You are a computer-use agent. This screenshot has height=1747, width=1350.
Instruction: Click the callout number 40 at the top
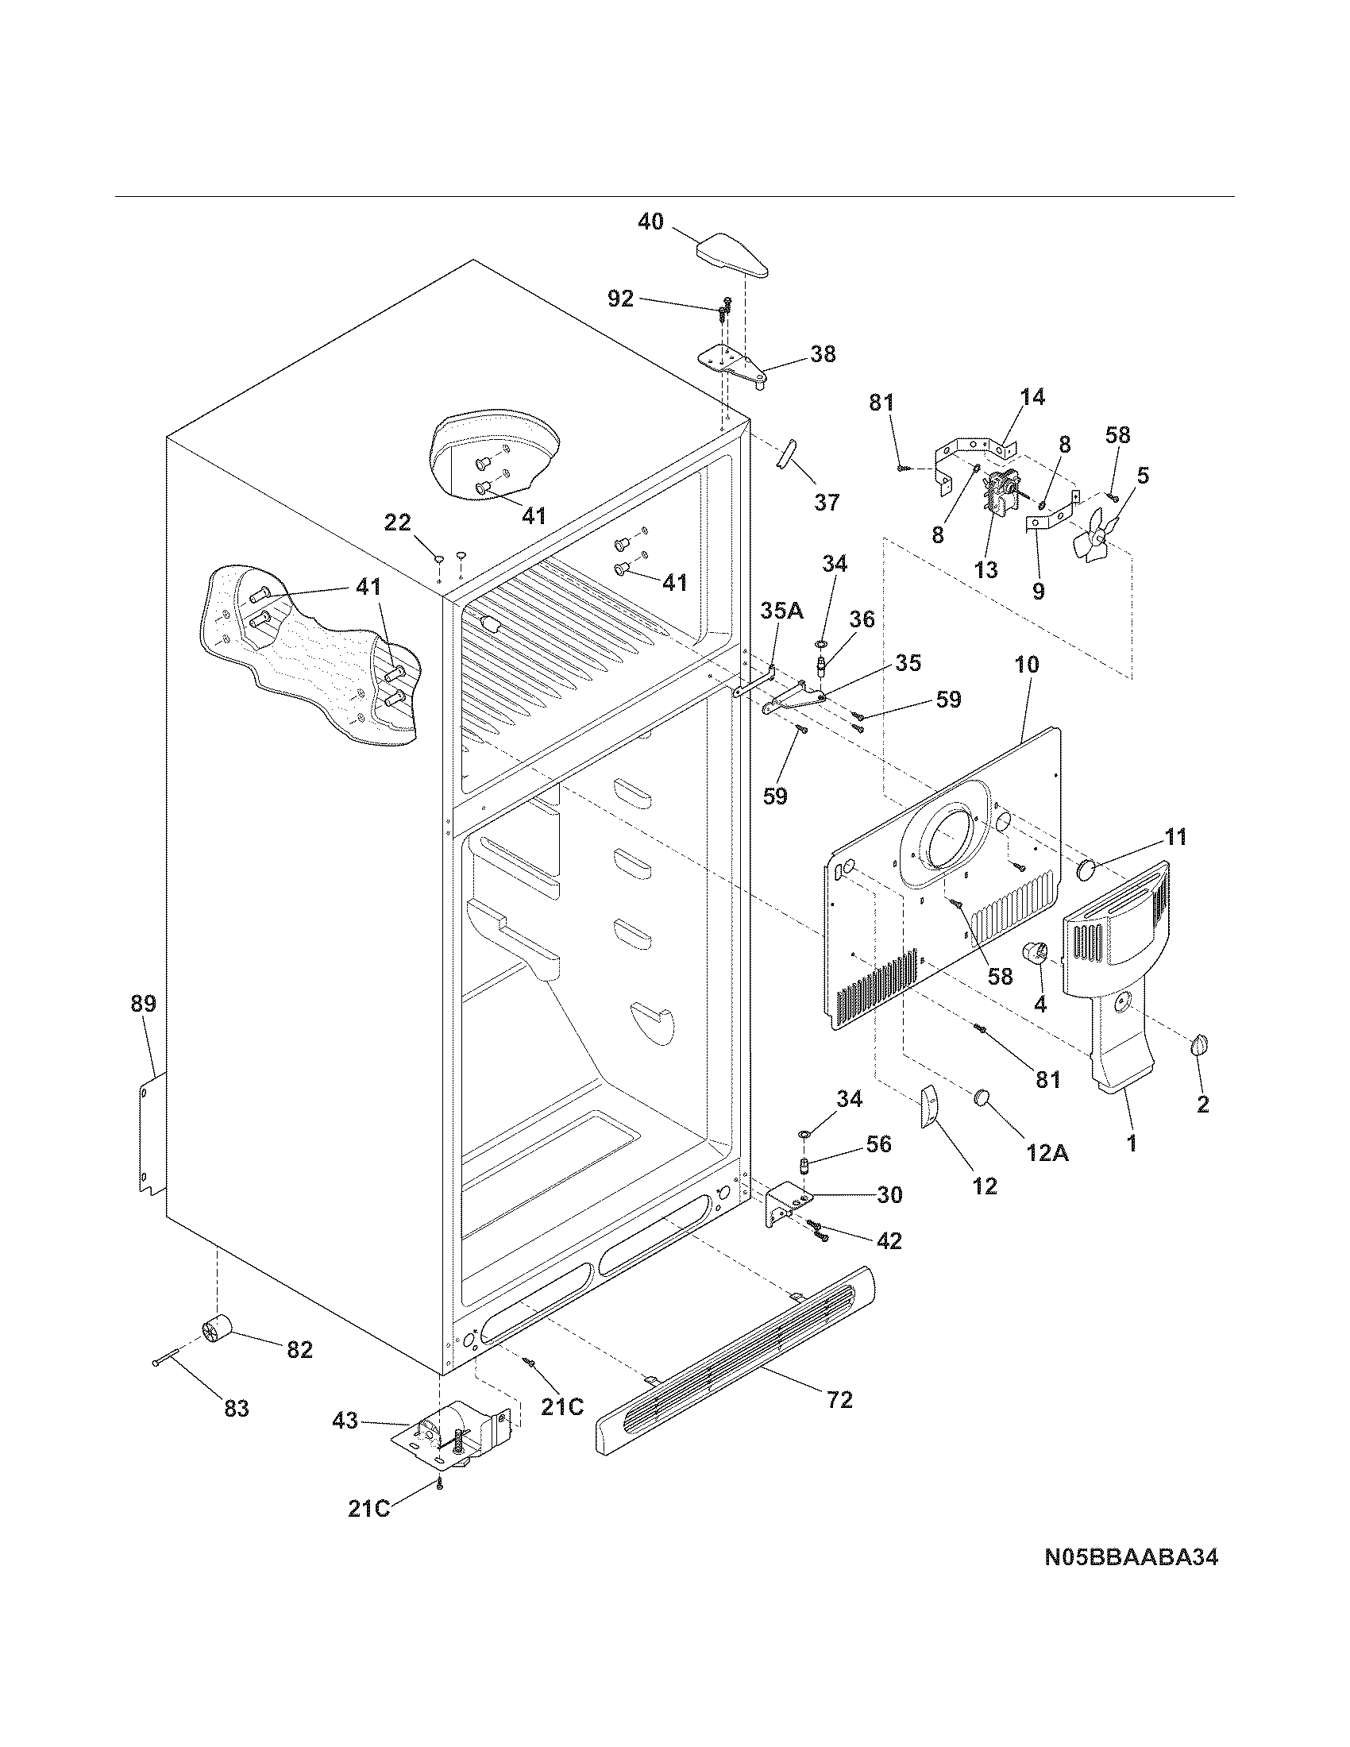point(650,222)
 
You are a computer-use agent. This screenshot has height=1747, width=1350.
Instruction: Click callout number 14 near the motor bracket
point(1032,397)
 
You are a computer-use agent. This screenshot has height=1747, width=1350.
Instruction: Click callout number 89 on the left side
point(144,1003)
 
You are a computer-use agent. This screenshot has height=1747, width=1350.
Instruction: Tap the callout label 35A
point(781,612)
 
